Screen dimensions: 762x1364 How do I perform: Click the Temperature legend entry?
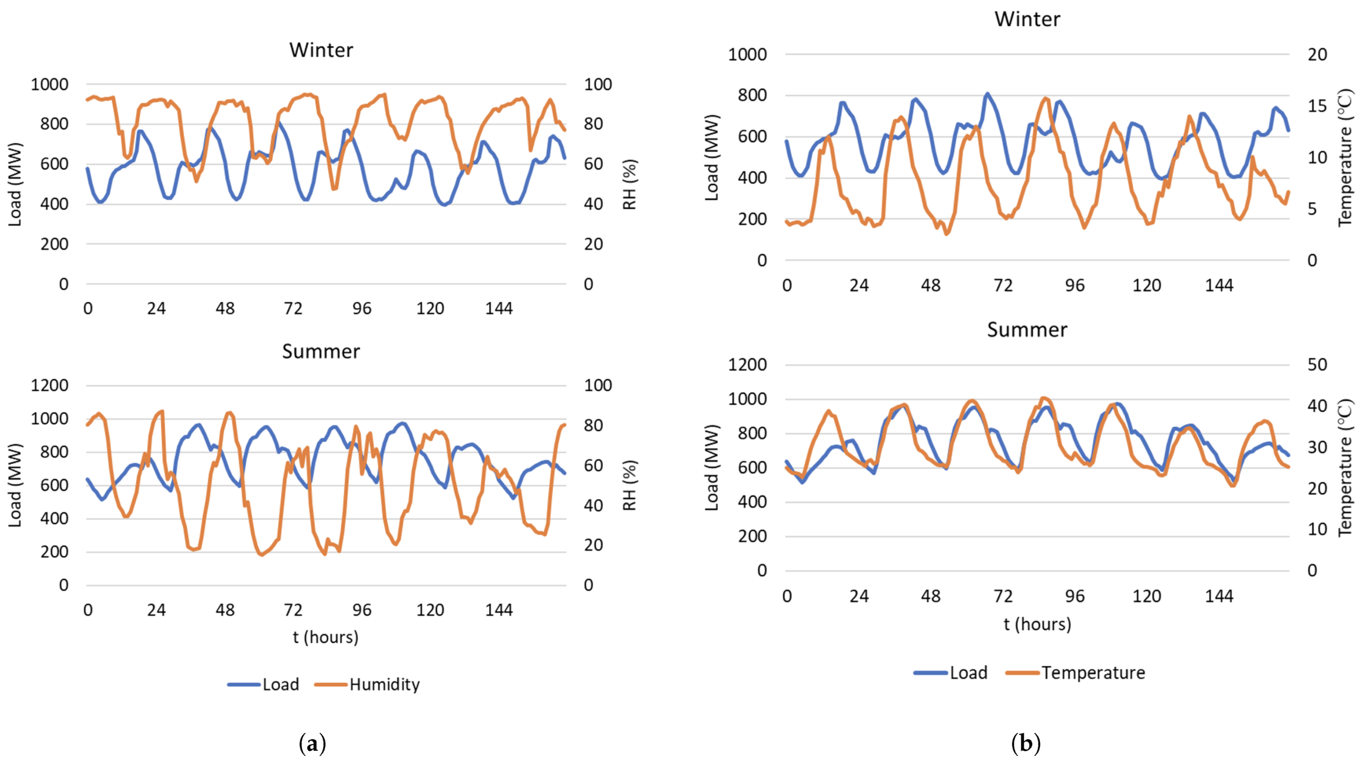click(x=1093, y=673)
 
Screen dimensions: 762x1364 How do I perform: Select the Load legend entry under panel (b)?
click(x=968, y=673)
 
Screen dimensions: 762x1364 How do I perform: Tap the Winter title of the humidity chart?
click(x=321, y=50)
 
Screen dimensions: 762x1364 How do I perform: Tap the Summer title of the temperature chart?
click(x=1027, y=330)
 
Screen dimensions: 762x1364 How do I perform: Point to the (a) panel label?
click(x=312, y=744)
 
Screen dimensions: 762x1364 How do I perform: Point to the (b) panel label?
click(x=1026, y=744)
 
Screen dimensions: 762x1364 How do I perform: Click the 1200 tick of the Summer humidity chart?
click(x=49, y=385)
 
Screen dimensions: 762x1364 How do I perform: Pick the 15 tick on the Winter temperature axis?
click(x=1317, y=106)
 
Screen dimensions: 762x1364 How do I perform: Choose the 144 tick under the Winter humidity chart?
click(x=499, y=308)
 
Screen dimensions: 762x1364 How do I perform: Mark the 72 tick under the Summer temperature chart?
click(x=1003, y=596)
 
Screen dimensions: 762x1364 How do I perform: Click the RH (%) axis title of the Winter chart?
click(x=629, y=184)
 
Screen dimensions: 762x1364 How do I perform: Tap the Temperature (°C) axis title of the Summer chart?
click(x=1346, y=468)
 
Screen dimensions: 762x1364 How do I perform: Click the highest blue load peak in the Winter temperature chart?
click(x=987, y=94)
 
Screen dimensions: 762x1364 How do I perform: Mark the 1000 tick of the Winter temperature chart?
click(x=747, y=55)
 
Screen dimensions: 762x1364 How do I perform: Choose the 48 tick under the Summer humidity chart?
click(x=225, y=610)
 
